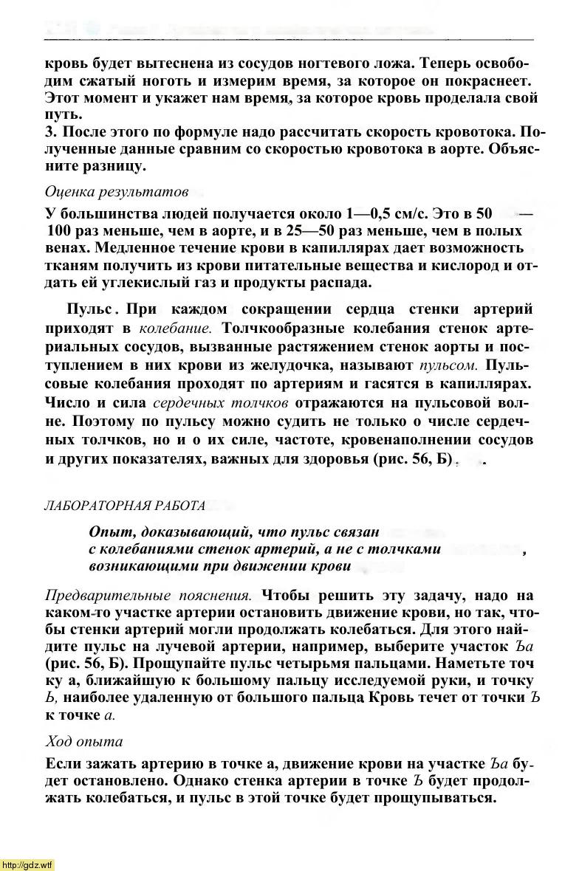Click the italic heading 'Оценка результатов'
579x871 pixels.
(116, 192)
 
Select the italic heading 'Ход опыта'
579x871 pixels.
(84, 740)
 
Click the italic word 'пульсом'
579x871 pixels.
(445, 365)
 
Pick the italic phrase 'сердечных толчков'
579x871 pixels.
(221, 403)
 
